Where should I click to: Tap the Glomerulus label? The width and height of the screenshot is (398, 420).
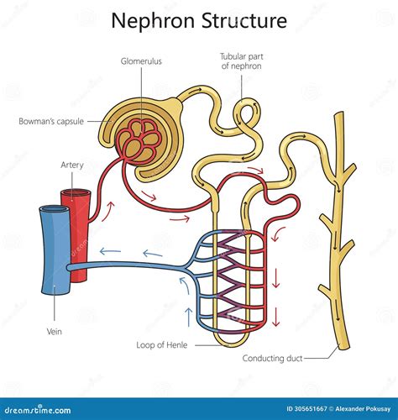point(141,60)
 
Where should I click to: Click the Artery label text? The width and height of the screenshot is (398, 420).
point(72,165)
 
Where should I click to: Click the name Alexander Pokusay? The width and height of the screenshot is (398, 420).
point(343,408)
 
